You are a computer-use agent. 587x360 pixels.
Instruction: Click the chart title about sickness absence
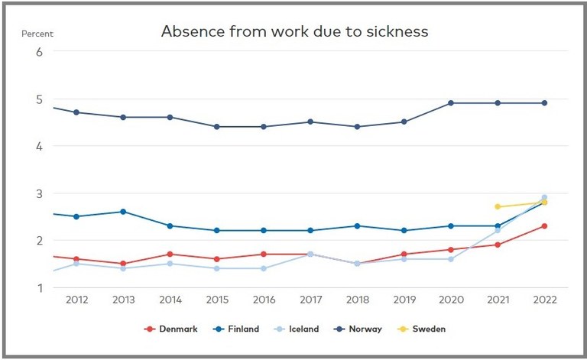(294, 32)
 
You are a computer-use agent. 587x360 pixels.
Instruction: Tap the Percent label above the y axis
(37, 34)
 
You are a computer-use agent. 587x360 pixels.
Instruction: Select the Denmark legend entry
(171, 329)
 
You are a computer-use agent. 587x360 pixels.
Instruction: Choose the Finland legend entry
(235, 329)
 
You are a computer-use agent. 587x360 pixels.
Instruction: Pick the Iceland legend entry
(297, 329)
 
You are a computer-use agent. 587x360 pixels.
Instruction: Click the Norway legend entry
(360, 329)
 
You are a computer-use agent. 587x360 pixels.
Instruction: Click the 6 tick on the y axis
(38, 51)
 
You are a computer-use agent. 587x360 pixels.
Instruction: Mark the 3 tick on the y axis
(38, 193)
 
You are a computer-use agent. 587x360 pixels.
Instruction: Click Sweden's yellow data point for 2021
(498, 206)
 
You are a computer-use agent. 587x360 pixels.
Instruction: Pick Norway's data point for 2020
(451, 103)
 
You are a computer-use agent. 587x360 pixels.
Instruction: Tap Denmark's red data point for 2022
(545, 225)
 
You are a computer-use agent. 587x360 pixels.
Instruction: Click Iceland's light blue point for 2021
(498, 230)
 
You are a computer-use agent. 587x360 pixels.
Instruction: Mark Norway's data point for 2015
(216, 127)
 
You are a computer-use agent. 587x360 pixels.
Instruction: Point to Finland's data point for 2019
(404, 230)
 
